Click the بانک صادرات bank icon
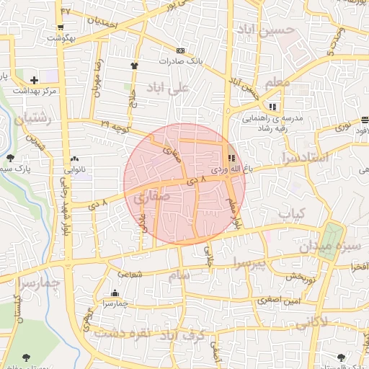(x=179, y=50)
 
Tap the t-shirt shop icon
(x=134, y=66)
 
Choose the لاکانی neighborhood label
(x=330, y=321)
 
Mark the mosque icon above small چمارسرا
(x=116, y=293)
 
